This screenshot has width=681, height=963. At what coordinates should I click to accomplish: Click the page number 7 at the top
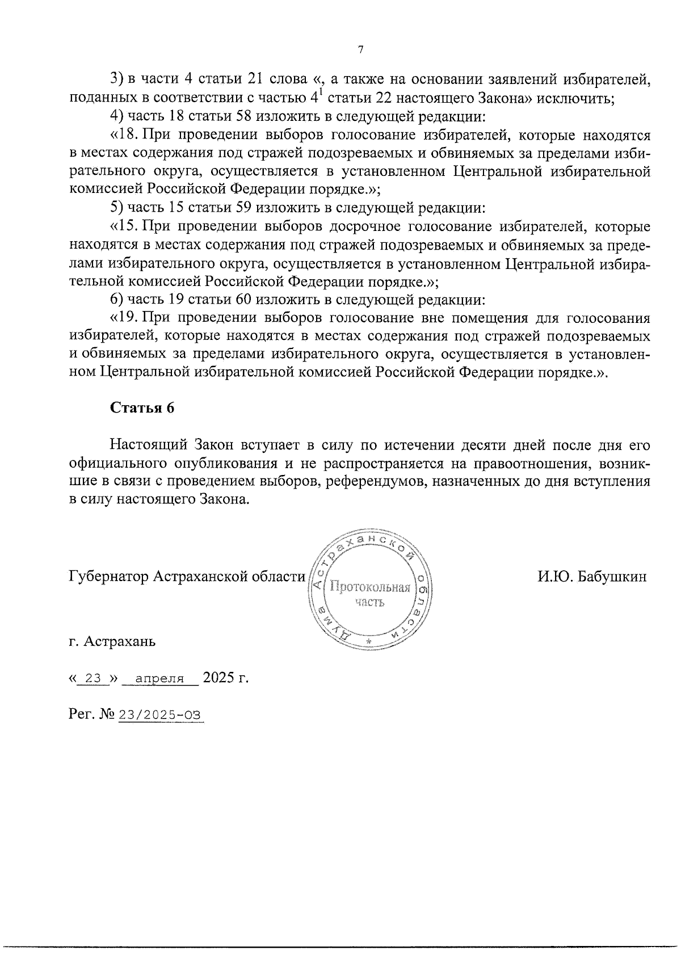tap(361, 50)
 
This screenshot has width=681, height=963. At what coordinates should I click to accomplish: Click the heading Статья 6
tap(142, 409)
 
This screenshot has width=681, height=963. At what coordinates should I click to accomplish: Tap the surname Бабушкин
tap(614, 577)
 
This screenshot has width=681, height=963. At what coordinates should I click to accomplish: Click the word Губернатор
tap(108, 577)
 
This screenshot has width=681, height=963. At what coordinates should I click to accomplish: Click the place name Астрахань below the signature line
tap(119, 642)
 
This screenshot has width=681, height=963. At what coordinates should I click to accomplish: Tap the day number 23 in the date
tap(93, 678)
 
